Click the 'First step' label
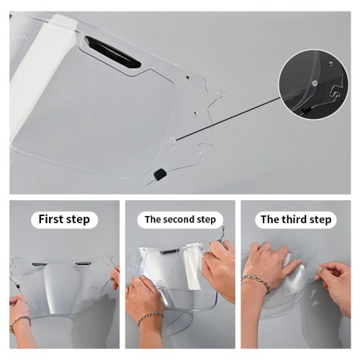click(64, 220)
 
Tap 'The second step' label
click(180, 220)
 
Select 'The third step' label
click(296, 220)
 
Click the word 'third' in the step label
click(295, 219)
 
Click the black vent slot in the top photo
click(113, 52)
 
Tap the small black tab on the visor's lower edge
click(160, 174)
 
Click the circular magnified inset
click(314, 84)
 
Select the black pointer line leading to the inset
click(228, 118)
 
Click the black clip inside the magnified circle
click(305, 109)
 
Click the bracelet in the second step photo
click(150, 318)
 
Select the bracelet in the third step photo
click(256, 284)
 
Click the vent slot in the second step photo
click(169, 252)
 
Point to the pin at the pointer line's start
click(172, 140)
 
